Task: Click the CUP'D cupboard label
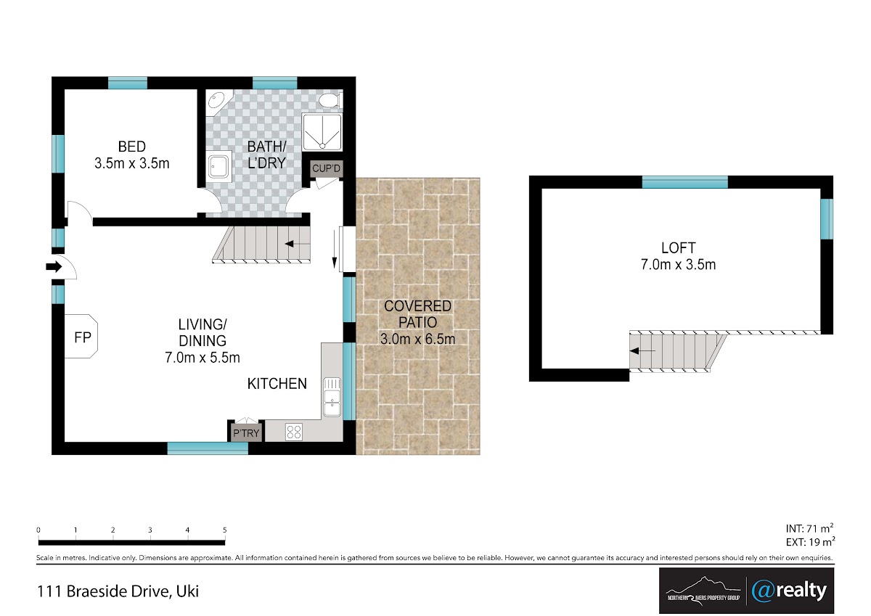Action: [326, 168]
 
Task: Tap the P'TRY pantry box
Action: [246, 432]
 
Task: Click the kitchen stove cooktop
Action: [293, 432]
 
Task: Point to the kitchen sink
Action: [332, 397]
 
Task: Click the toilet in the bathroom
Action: [330, 101]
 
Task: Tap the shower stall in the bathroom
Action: [322, 132]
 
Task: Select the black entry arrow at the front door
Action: [54, 266]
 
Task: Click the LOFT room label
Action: [678, 247]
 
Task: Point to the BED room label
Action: [132, 147]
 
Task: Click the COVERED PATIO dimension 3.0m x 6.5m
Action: [417, 339]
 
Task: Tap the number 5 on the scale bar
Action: [225, 530]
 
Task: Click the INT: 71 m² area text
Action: [809, 528]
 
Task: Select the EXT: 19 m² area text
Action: [810, 541]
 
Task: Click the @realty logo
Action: [790, 591]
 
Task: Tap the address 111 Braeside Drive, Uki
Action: [118, 591]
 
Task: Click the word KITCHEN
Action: [277, 384]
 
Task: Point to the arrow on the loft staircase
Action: [642, 351]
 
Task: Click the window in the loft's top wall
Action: [684, 182]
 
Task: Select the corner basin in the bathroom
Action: [217, 101]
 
